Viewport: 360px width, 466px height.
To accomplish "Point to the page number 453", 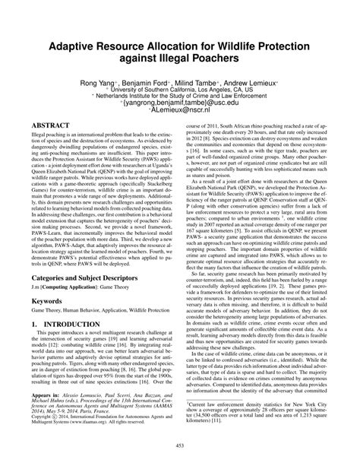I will (179, 454).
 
